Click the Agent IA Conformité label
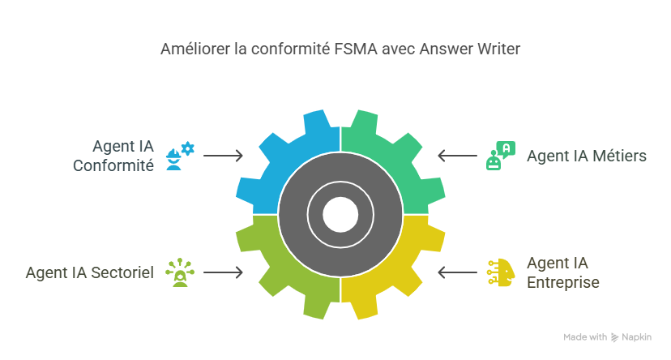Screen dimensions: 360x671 coord(113,156)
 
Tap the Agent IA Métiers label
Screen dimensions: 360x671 coord(587,156)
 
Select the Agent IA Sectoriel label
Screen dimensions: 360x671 coord(89,272)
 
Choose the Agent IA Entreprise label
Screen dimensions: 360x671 coord(563,272)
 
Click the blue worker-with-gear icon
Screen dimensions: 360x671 coord(180,155)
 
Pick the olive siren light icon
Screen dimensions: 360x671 coord(179,272)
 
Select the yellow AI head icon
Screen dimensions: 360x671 coord(498,272)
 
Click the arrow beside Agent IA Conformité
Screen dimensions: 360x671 coord(224,155)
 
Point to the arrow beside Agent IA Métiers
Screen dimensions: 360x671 coord(457,155)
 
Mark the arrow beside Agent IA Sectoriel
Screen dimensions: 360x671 coord(224,272)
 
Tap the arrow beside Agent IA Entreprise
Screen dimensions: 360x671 coord(457,272)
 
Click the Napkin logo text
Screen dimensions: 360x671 coord(635,336)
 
